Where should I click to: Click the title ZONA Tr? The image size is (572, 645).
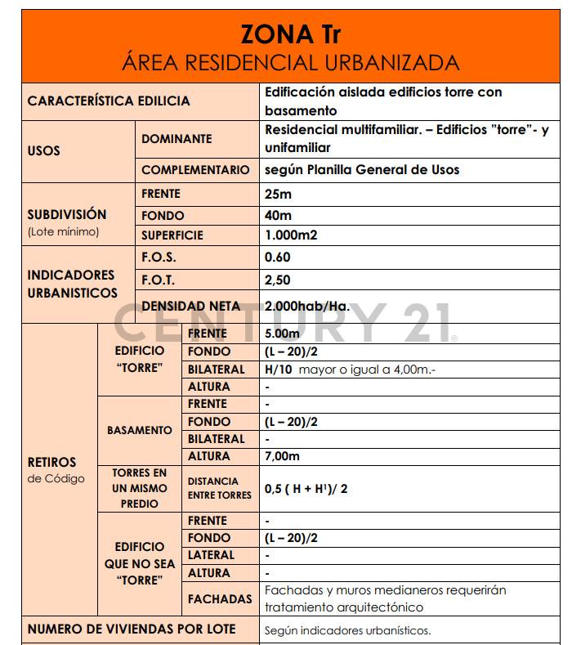pyautogui.click(x=290, y=35)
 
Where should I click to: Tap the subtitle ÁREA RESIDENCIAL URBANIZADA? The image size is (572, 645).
pyautogui.click(x=290, y=63)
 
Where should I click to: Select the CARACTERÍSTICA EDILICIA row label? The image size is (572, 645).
pyautogui.click(x=109, y=101)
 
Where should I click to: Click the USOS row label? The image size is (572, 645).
pyautogui.click(x=44, y=150)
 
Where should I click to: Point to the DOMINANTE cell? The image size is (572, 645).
pyautogui.click(x=177, y=139)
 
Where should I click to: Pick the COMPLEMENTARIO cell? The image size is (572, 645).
pyautogui.click(x=195, y=170)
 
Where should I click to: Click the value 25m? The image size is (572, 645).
pyautogui.click(x=278, y=195)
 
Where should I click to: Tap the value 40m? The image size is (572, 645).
pyautogui.click(x=278, y=216)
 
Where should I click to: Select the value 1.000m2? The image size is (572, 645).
pyautogui.click(x=291, y=235)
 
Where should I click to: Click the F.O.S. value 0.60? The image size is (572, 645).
pyautogui.click(x=278, y=257)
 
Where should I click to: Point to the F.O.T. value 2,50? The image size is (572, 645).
pyautogui.click(x=278, y=280)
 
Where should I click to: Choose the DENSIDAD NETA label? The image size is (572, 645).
pyautogui.click(x=191, y=307)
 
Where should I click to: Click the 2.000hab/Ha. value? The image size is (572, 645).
pyautogui.click(x=307, y=307)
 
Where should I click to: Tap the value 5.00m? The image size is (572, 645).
pyautogui.click(x=283, y=334)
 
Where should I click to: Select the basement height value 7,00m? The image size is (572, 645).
pyautogui.click(x=283, y=456)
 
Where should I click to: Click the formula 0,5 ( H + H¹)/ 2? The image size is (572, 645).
pyautogui.click(x=306, y=489)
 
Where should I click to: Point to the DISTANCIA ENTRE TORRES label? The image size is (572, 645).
pyautogui.click(x=219, y=488)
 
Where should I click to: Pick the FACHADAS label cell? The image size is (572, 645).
pyautogui.click(x=220, y=599)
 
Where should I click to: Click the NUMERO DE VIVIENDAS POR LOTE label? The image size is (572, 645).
pyautogui.click(x=132, y=629)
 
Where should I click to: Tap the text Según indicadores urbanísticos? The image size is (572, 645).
pyautogui.click(x=347, y=630)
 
